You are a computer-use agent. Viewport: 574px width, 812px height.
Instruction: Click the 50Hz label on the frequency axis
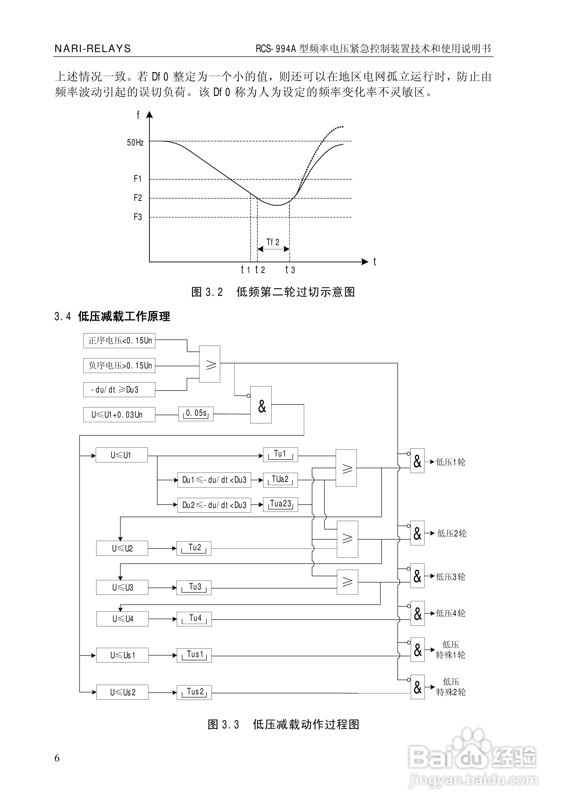pos(135,142)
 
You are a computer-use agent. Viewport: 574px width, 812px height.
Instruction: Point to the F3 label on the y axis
pos(138,217)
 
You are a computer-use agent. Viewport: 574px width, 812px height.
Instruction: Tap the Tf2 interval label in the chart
pos(273,242)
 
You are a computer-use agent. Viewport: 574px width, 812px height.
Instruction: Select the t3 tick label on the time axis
pos(290,270)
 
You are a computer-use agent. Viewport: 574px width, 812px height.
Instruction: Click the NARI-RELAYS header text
pos(93,49)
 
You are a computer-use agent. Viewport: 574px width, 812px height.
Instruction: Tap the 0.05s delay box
pos(196,413)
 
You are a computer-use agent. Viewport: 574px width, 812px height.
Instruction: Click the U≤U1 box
pos(121,455)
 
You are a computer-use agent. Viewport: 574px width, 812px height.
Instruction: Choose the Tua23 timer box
pos(280,504)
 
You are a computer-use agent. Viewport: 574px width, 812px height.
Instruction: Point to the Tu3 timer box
pos(194,588)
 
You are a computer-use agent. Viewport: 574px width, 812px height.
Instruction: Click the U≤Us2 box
pos(123,692)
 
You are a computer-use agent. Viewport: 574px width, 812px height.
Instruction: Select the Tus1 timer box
pos(194,655)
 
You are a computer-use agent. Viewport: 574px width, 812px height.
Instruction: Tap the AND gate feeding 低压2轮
pos(417,533)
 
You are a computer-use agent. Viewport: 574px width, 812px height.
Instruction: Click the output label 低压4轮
pos(451,613)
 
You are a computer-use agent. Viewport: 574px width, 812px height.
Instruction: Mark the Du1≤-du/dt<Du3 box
pos(214,480)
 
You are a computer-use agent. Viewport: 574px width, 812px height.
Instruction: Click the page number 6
pos(57,758)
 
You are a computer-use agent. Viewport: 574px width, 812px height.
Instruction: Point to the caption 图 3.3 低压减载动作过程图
pos(283,725)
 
